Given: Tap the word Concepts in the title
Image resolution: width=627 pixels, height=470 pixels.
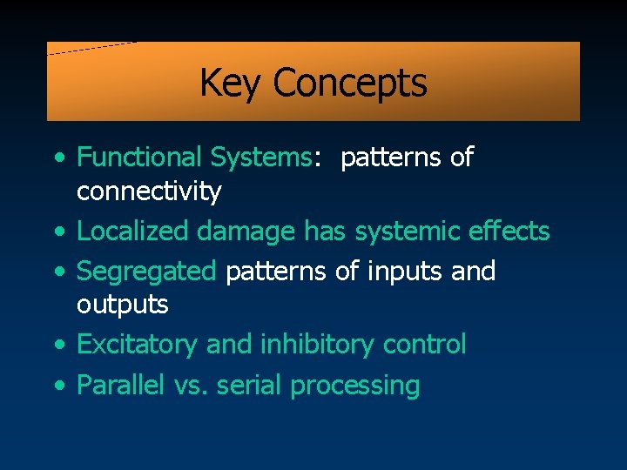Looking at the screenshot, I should point(349,84).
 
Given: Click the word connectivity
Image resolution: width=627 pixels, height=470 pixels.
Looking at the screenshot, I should point(149,191).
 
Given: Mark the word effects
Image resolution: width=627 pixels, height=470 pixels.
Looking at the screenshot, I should point(509,232).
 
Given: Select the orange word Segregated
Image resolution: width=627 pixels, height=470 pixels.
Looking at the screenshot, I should point(146,272).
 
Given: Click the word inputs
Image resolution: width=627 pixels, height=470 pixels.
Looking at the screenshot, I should point(405,272).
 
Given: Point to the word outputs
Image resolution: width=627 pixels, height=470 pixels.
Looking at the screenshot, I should point(123,305).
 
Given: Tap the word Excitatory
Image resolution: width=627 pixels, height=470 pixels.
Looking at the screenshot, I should point(138,345).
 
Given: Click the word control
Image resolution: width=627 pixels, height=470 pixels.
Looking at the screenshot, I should point(428,345).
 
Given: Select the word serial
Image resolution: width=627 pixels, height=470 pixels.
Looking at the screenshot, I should point(253,385).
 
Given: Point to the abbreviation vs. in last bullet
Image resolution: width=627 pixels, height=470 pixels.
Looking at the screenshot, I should point(196,385).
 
